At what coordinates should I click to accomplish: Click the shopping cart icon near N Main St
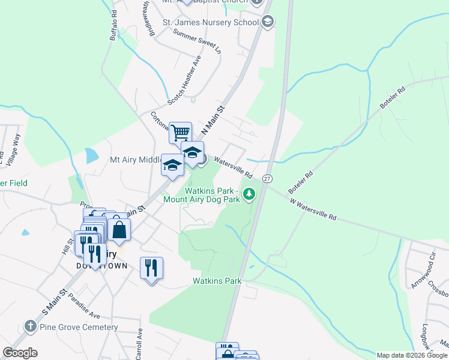(x=180, y=133)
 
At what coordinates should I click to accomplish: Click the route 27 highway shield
(x=268, y=179)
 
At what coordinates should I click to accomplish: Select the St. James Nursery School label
(x=211, y=23)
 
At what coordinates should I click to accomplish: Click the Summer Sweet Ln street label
(x=197, y=41)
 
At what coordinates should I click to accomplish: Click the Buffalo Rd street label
(x=116, y=26)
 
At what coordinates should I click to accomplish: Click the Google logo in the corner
(x=20, y=353)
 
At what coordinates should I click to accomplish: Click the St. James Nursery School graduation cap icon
(x=268, y=22)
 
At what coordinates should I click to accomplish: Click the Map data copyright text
(x=412, y=355)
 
